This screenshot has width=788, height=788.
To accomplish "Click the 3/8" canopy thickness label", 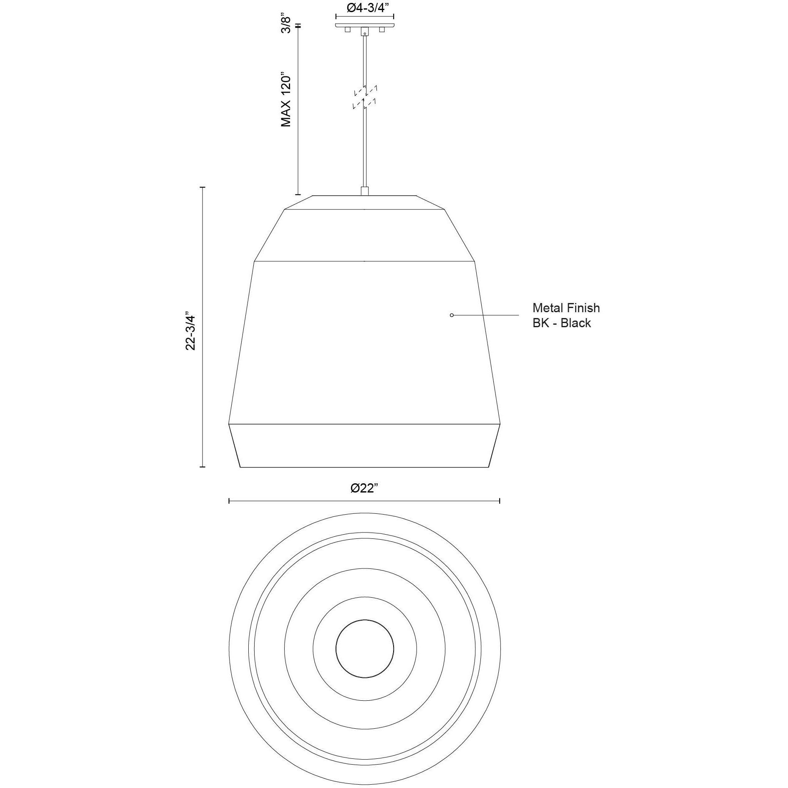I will (x=286, y=23).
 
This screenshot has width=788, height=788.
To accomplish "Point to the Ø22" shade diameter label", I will (x=364, y=488).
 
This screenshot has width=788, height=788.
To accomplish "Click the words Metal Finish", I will (x=566, y=308).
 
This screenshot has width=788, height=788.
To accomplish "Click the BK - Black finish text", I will (x=561, y=323).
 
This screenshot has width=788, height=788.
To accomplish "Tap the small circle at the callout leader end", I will (x=452, y=315).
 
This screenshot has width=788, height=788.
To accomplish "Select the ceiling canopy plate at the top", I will (x=365, y=25).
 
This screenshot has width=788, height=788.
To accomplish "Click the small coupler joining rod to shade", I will (x=365, y=191).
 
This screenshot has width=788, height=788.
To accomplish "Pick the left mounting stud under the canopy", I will (x=347, y=30).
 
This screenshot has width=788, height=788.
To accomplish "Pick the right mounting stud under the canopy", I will (x=381, y=30).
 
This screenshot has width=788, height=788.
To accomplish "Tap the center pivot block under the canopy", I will (x=365, y=31).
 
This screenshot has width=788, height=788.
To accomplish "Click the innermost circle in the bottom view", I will (x=365, y=648).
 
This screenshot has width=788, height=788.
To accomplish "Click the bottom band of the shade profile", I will (x=364, y=446).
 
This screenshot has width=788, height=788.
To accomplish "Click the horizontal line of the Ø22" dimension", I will (x=364, y=501).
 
